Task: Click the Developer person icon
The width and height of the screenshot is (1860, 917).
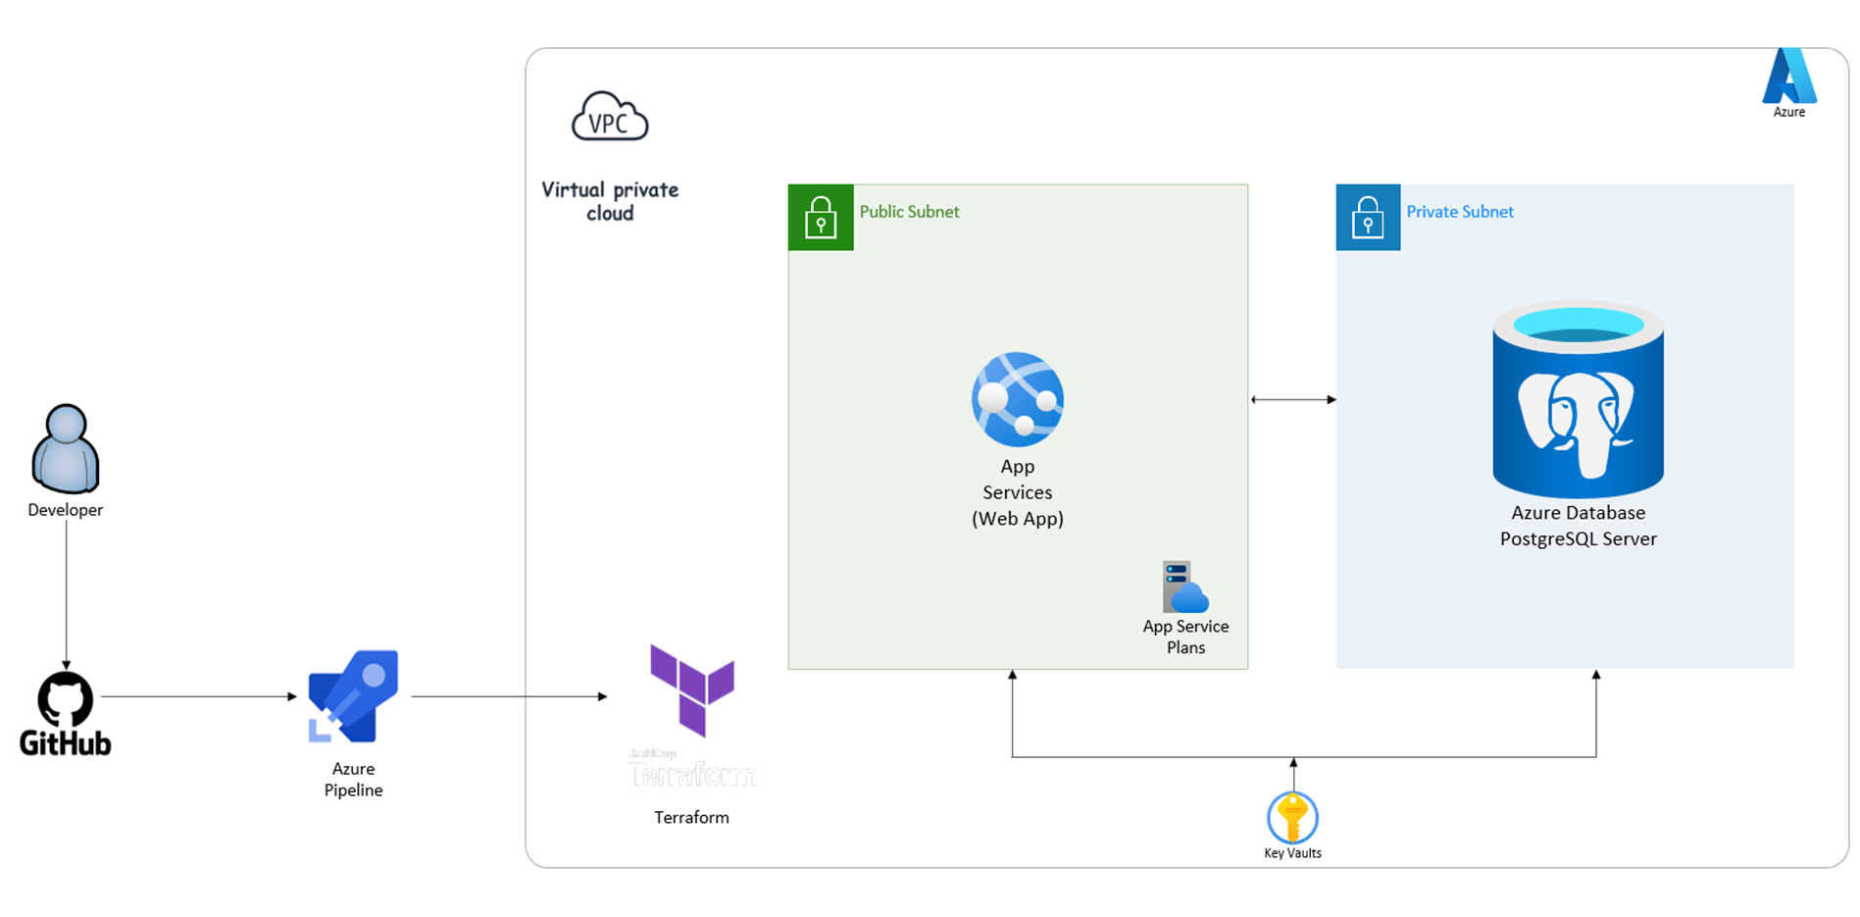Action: (x=66, y=448)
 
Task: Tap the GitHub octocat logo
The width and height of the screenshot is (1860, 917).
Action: (x=66, y=699)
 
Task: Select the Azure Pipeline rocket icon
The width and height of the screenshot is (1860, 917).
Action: (x=353, y=696)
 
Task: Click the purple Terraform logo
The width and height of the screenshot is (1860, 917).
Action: (x=692, y=689)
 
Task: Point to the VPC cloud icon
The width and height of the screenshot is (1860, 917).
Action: (x=610, y=118)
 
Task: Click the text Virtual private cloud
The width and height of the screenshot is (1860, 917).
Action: (x=610, y=201)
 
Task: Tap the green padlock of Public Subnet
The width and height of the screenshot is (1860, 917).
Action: (x=821, y=218)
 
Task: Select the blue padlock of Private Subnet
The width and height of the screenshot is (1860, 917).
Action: (x=1368, y=218)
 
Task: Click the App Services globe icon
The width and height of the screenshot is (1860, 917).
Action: (x=1018, y=399)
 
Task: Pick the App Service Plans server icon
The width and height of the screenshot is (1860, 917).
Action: (x=1184, y=586)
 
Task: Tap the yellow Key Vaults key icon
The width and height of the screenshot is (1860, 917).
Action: (x=1292, y=818)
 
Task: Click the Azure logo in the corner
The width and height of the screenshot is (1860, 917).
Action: (x=1788, y=76)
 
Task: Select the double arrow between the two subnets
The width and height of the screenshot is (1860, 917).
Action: (x=1293, y=399)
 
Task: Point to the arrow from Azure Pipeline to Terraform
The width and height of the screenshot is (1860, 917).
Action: (x=509, y=696)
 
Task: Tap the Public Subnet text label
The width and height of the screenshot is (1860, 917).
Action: (x=909, y=212)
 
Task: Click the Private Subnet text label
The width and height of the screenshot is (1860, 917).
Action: (x=1459, y=212)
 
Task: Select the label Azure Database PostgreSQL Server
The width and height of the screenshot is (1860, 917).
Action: (x=1578, y=526)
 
